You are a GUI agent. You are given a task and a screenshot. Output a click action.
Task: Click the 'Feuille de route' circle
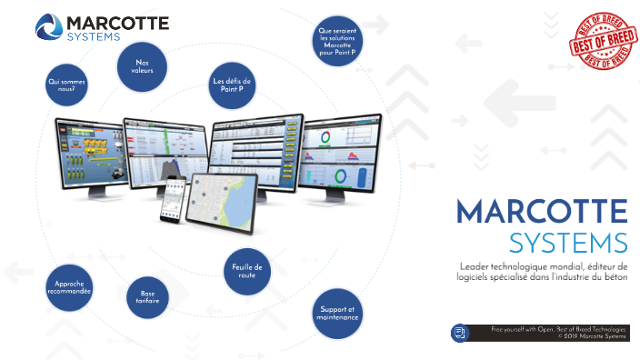[x=246, y=271]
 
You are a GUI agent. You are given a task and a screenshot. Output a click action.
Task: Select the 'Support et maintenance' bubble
[x=336, y=314]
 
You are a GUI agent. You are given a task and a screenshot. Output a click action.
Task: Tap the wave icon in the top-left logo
[x=48, y=26]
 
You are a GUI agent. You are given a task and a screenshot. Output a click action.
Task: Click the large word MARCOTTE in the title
[x=542, y=212]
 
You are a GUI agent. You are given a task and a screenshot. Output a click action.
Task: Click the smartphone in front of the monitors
[x=172, y=197]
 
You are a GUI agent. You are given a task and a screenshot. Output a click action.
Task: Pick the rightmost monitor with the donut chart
[x=343, y=153]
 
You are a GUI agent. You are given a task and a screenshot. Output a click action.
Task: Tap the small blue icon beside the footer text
[x=459, y=333]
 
